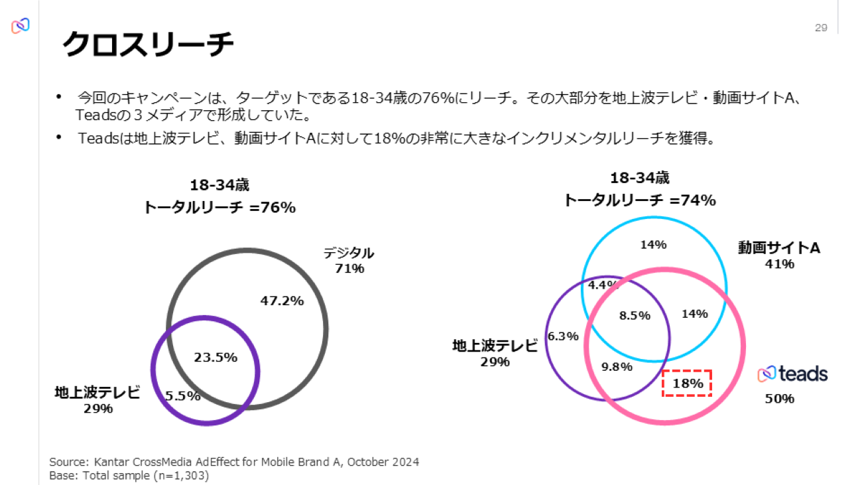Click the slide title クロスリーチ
pyautogui.click(x=148, y=45)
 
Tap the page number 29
pyautogui.click(x=821, y=27)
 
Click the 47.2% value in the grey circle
pyautogui.click(x=282, y=301)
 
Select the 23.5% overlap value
pyautogui.click(x=215, y=358)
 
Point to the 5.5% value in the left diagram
pyautogui.click(x=182, y=396)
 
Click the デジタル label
pyautogui.click(x=349, y=253)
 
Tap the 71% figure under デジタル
pyautogui.click(x=349, y=269)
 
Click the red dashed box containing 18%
pyautogui.click(x=687, y=383)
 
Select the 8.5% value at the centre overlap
pyautogui.click(x=635, y=316)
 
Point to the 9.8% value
pyautogui.click(x=617, y=366)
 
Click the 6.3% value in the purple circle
pyautogui.click(x=564, y=336)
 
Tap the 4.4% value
pyautogui.click(x=603, y=285)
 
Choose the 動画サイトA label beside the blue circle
pyautogui.click(x=779, y=248)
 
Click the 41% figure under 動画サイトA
pyautogui.click(x=779, y=264)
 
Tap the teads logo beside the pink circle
pyautogui.click(x=792, y=374)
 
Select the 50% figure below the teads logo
pyautogui.click(x=779, y=399)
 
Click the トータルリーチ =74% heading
pyautogui.click(x=639, y=200)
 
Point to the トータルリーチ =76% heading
pyautogui.click(x=219, y=207)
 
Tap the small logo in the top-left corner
pyautogui.click(x=21, y=26)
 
